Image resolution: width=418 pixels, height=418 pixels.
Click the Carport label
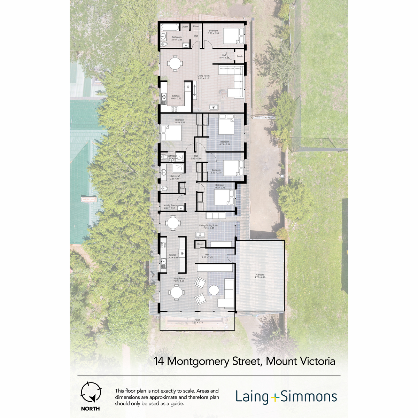coord(260,276)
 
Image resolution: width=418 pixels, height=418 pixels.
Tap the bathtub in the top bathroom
coord(170,27)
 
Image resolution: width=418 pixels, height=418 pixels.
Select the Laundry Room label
coord(169,207)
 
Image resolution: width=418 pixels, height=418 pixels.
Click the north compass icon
coord(91,392)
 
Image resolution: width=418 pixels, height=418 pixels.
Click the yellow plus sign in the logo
coord(275,397)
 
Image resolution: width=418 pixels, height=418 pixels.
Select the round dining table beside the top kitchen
coord(175,64)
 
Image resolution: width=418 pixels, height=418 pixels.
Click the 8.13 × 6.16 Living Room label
coord(203,77)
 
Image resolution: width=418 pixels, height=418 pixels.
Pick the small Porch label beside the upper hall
coord(240,56)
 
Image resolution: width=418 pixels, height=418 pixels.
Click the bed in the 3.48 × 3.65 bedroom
coord(171,133)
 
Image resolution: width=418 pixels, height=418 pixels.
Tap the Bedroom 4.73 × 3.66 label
coord(225,143)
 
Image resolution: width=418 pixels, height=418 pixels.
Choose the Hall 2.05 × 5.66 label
coord(196,157)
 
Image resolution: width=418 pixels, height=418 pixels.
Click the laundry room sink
coord(180,208)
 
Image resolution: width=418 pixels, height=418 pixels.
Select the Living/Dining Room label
coord(209,226)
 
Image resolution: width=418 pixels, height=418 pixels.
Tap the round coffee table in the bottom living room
coord(214,290)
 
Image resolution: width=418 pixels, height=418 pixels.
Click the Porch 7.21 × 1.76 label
coord(197,321)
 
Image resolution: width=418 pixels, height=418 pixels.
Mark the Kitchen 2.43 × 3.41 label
coord(172,256)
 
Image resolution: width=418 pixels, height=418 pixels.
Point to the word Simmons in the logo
coord(309,396)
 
